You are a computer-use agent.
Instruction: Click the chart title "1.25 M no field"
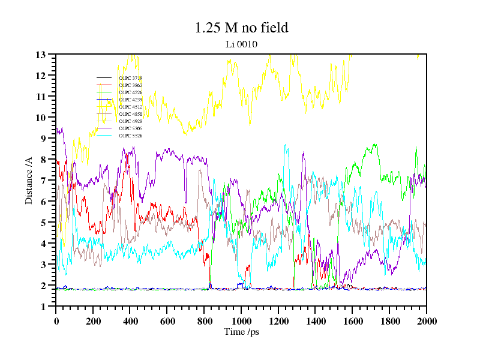(241, 28)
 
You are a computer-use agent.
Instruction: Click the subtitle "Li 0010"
(241, 44)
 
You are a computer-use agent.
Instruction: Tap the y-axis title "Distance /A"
(28, 180)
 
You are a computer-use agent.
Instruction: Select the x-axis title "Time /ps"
(241, 332)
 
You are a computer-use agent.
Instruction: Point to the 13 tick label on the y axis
(41, 55)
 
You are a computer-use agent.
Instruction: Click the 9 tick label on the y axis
(44, 139)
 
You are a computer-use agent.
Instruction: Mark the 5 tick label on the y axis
(44, 223)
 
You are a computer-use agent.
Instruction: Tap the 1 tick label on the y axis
(44, 307)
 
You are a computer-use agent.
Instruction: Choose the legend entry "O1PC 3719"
(130, 78)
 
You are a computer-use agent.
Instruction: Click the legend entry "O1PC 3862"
(130, 85)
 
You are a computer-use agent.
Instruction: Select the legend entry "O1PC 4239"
(130, 100)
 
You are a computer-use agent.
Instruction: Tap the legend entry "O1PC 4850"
(130, 114)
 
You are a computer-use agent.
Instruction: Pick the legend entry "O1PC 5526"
(130, 136)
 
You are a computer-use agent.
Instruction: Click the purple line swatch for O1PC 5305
(104, 128)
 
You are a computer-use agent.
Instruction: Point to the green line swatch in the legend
(104, 92)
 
